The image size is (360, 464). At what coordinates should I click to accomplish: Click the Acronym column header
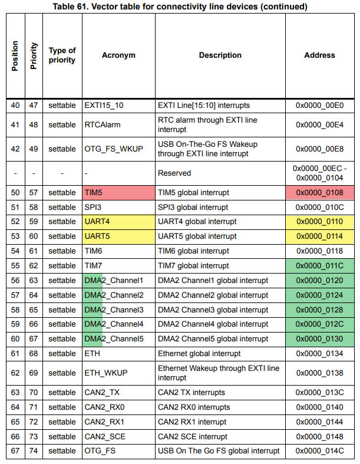118,55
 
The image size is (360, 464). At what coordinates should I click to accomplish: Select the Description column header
220,55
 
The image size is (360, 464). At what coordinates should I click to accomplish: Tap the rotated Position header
15,56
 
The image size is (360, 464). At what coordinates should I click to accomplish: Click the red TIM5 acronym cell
118,193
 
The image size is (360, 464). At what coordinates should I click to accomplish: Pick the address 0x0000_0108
320,193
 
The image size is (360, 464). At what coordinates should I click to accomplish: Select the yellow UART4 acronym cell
118,222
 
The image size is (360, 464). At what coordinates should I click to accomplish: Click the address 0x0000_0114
320,236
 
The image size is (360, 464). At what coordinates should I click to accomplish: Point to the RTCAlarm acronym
103,125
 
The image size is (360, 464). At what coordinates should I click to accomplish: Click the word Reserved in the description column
174,173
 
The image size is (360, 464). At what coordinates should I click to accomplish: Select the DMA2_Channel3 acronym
114,310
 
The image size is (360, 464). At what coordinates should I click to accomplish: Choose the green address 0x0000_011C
320,266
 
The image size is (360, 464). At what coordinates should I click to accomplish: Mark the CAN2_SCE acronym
105,437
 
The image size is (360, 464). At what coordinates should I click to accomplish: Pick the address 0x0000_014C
320,451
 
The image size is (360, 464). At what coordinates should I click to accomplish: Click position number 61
15,354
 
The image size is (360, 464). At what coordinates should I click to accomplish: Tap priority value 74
34,451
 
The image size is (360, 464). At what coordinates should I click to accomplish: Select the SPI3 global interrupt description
193,208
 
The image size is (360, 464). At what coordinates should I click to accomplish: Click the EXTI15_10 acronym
104,106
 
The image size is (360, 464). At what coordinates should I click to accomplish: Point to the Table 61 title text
180,6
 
